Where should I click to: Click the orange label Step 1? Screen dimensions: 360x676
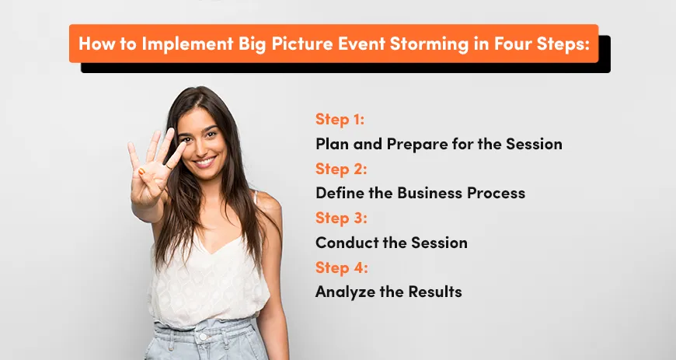[x=340, y=120]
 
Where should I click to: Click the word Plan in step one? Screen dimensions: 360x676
[x=331, y=144]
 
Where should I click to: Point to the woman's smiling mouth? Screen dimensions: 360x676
[x=204, y=162]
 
